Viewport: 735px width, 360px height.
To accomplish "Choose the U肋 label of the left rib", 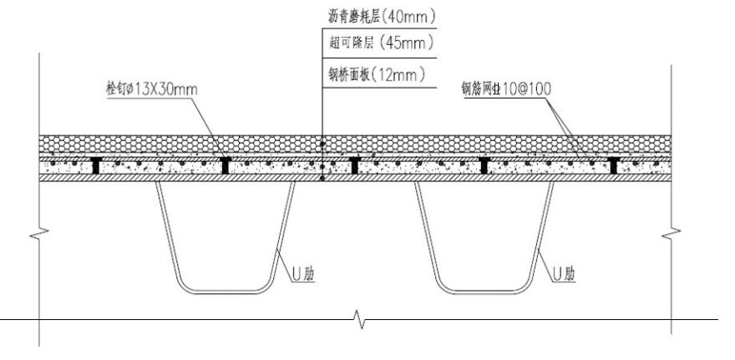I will point(302,272).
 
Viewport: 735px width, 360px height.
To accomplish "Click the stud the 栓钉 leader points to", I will point(226,165).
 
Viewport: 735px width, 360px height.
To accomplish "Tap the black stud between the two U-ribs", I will point(356,165).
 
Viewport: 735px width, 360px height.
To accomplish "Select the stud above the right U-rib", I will point(484,165).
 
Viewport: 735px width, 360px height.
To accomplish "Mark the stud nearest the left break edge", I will point(96,165).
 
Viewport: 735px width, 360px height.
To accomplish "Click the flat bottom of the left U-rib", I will point(226,291).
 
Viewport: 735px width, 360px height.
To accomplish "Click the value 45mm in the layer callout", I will point(417,42).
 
